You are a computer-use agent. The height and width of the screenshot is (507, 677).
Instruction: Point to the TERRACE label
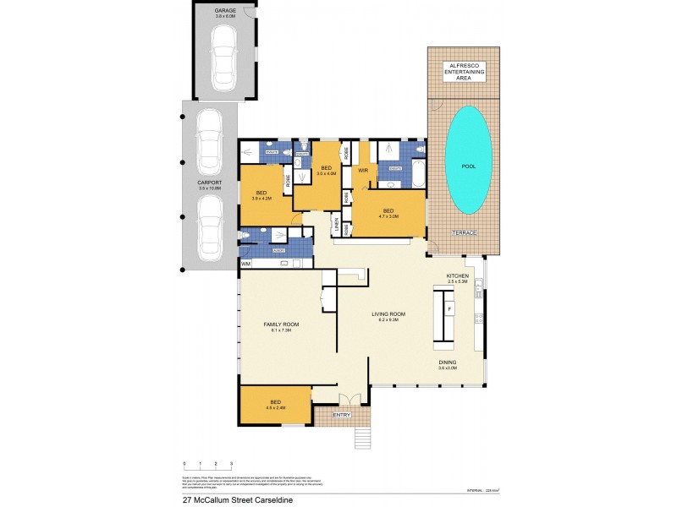click(x=464, y=232)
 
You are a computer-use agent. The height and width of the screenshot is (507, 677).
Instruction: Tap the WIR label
click(x=363, y=170)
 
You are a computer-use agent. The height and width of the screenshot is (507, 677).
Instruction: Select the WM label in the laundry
click(x=246, y=264)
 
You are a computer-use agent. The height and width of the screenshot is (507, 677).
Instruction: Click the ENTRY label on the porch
click(x=341, y=415)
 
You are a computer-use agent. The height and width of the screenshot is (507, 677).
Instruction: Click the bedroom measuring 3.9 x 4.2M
click(x=261, y=195)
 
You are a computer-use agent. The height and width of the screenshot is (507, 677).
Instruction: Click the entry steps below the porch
click(x=362, y=437)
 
